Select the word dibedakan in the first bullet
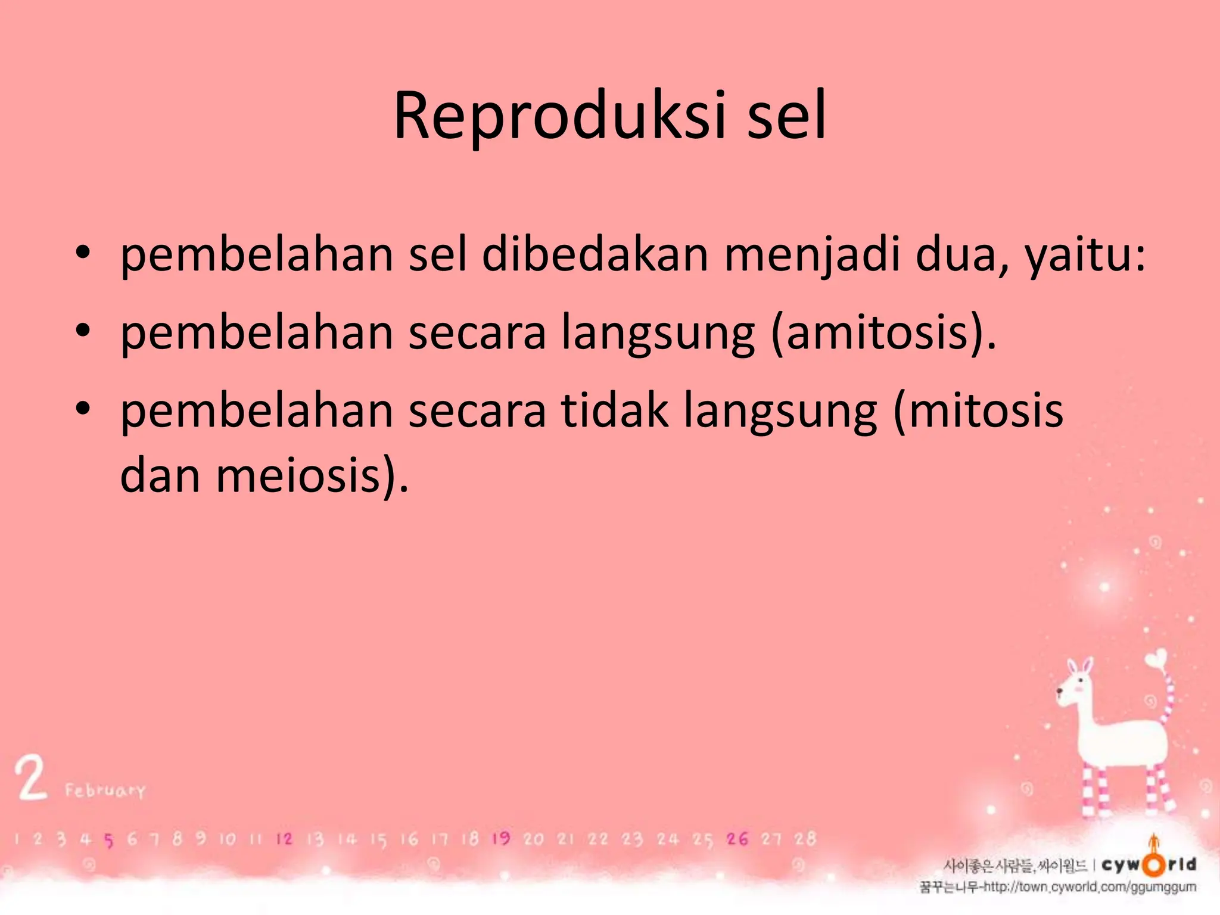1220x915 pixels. [x=595, y=255]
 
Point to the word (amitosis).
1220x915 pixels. [x=883, y=334]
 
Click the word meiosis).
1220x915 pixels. [x=312, y=477]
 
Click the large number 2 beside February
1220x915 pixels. [x=31, y=778]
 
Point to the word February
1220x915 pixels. [x=105, y=791]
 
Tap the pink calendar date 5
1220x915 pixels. [x=108, y=841]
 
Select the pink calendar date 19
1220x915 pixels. [x=500, y=839]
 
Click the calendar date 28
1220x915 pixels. [x=805, y=839]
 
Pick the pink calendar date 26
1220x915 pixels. [x=737, y=839]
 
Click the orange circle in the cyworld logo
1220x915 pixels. [x=1154, y=865]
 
